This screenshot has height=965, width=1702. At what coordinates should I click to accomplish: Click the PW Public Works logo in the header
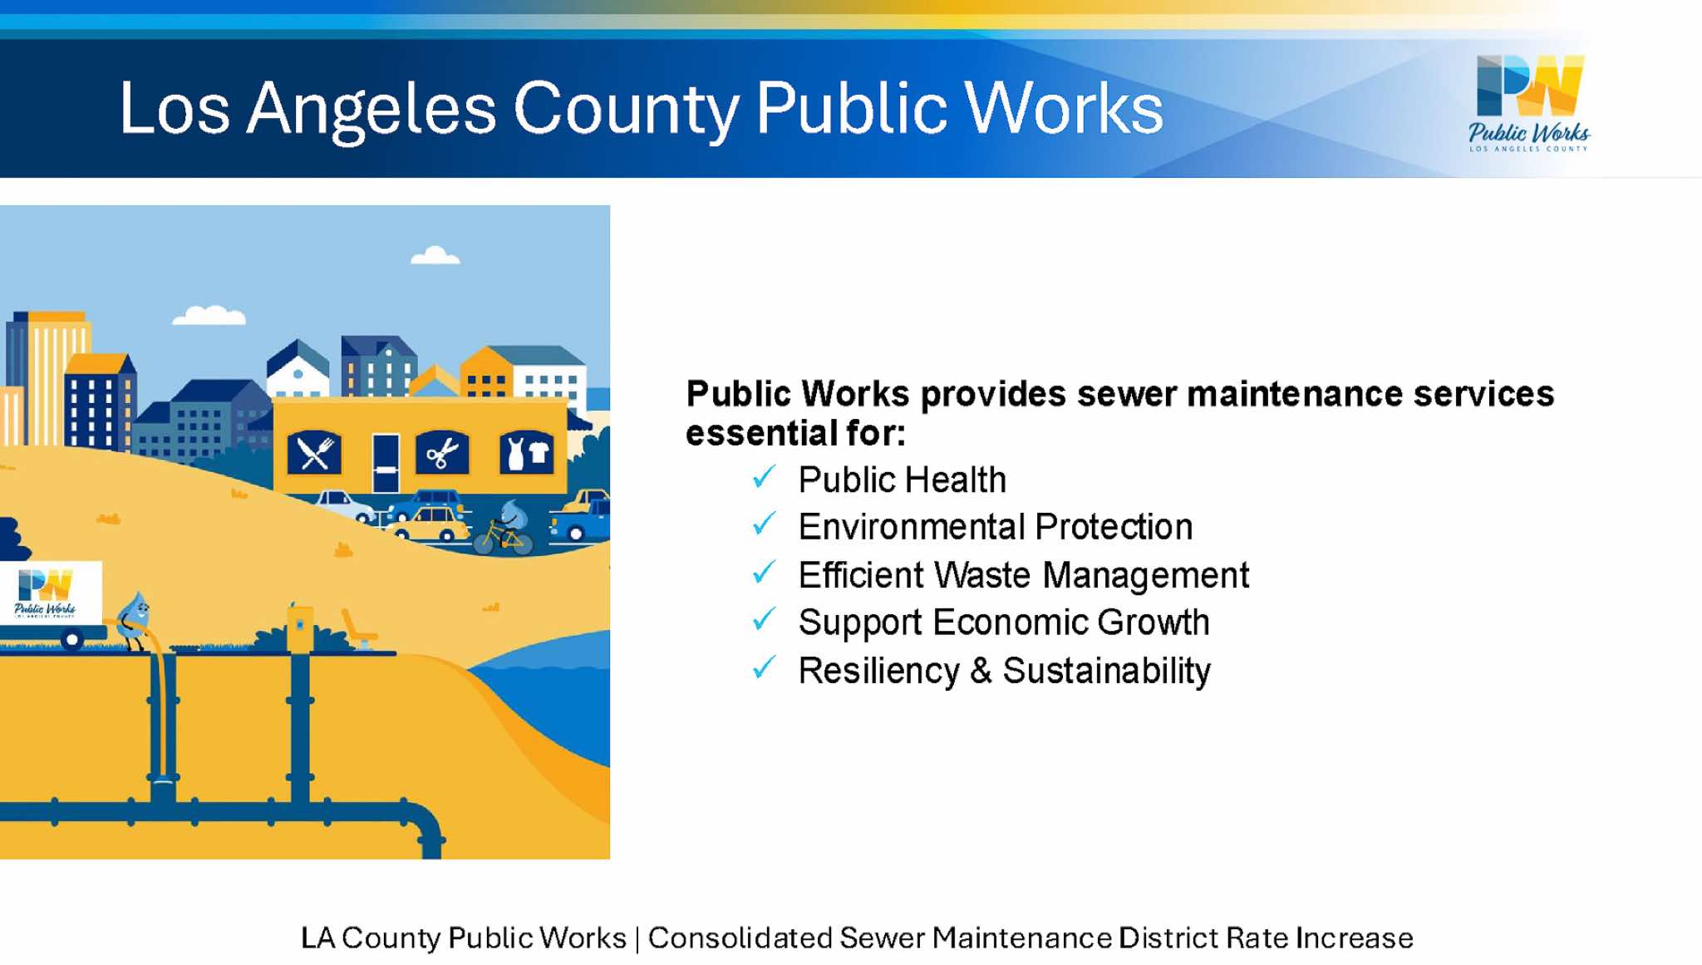[1529, 103]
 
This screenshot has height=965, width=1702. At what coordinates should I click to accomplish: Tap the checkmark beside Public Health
[764, 477]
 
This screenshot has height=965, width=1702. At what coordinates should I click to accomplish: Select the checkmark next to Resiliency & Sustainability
[764, 667]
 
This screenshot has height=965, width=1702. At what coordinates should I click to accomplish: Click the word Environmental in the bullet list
[911, 527]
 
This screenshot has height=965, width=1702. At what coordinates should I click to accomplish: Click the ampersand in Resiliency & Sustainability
[981, 671]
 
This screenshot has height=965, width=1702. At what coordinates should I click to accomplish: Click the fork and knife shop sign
[314, 454]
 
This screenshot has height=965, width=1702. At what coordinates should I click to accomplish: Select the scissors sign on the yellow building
[442, 454]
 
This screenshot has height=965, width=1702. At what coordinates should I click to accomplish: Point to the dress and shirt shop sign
[527, 453]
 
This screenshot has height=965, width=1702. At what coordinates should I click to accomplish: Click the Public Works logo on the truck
[46, 593]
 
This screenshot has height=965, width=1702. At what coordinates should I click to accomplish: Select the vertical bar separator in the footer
[637, 938]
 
